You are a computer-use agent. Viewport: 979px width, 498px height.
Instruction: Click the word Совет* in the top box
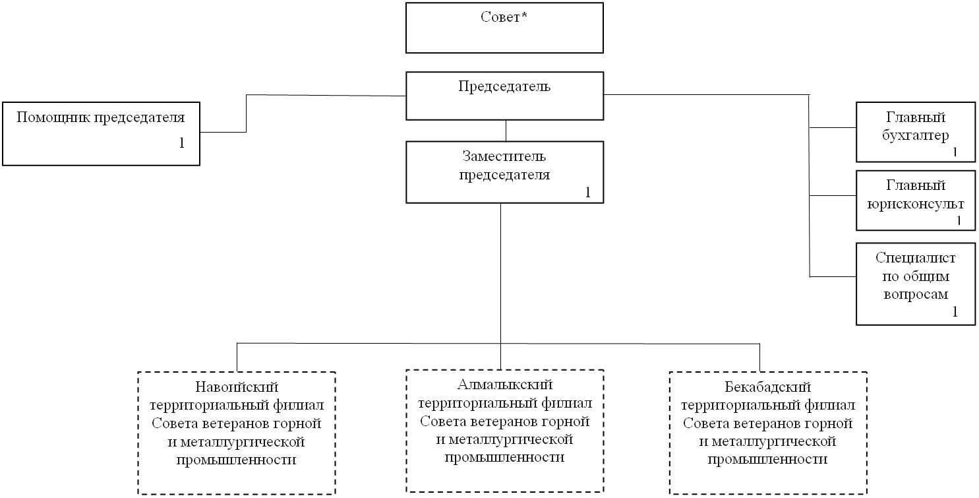click(504, 17)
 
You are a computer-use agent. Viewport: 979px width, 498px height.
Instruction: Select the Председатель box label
click(504, 86)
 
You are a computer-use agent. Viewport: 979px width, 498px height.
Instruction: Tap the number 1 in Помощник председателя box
click(182, 143)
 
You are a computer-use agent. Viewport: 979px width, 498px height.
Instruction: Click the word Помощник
click(53, 117)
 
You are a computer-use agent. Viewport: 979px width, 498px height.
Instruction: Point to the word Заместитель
click(504, 156)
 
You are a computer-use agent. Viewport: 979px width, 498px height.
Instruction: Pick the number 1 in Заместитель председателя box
click(588, 192)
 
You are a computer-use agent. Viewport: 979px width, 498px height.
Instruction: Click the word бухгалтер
click(915, 136)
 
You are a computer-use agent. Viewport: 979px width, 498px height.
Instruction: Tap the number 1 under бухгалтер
click(955, 152)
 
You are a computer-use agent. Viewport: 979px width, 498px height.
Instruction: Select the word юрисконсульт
click(915, 204)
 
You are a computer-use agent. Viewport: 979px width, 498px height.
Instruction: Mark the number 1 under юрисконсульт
click(959, 220)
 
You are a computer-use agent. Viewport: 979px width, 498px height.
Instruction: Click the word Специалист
click(915, 258)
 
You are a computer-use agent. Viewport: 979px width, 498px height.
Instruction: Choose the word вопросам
click(916, 294)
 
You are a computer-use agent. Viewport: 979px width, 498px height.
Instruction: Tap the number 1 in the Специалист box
click(955, 312)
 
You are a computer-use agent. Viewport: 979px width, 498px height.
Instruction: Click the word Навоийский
click(237, 387)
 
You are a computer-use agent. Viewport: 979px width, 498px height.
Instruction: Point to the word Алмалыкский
click(505, 385)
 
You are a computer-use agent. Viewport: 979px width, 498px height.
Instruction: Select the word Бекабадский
click(767, 387)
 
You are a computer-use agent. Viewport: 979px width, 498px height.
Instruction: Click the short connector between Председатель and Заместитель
click(506, 131)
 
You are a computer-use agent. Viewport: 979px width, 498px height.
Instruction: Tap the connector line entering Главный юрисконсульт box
click(833, 195)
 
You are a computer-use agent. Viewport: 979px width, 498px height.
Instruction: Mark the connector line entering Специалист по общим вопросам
click(833, 277)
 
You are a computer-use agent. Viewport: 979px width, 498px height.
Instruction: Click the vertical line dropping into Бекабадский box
click(759, 358)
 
